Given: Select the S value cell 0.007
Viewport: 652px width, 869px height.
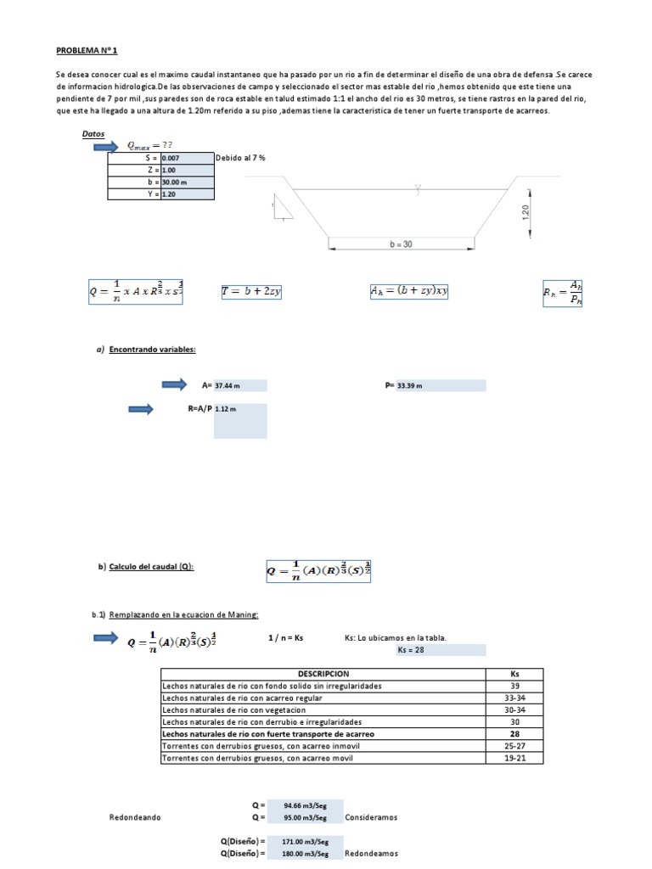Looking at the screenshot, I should coord(186,158).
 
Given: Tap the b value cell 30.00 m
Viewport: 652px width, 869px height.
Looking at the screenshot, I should coord(186,182).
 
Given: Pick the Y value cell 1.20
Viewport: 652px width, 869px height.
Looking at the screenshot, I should coord(186,193).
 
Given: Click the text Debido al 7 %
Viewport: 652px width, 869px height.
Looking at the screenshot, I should coord(242,158).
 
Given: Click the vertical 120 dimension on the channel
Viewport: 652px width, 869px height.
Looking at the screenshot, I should coord(526,211).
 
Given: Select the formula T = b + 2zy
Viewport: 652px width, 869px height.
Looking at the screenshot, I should coord(250,291).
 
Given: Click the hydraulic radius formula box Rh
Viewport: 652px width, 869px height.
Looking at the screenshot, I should coord(562,293).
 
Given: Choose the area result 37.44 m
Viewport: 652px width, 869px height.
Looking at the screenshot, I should coord(239,385).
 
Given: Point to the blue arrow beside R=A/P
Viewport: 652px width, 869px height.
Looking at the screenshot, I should coord(140,409).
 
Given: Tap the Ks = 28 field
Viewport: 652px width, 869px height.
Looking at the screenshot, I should coord(440,650).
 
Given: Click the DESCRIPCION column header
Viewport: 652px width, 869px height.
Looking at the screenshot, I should coord(323,674).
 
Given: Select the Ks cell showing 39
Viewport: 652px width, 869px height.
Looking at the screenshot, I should coord(514,686).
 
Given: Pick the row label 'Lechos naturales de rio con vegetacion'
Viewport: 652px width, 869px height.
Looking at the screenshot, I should coord(233,709).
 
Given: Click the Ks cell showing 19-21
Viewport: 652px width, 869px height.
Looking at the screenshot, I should coord(514,758).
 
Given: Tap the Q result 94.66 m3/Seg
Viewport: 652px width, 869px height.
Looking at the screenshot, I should coord(306,805).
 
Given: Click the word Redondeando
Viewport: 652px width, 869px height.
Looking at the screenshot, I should coord(135,817).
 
